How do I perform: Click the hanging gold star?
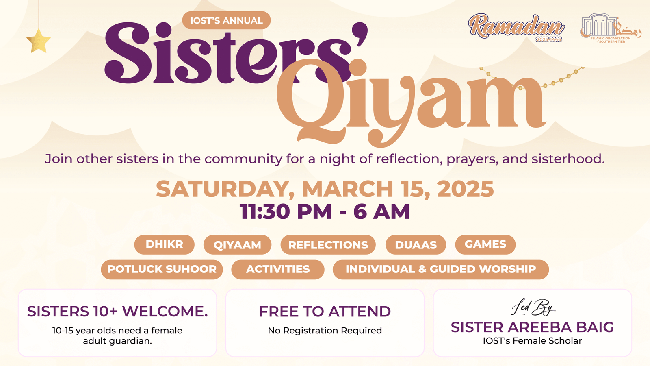(x=39, y=41)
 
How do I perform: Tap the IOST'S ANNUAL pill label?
(x=226, y=20)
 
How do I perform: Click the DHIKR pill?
(x=164, y=244)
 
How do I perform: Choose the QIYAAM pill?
(x=237, y=244)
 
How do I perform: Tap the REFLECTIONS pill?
(x=328, y=244)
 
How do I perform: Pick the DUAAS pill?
(x=416, y=244)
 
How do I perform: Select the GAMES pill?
(x=485, y=244)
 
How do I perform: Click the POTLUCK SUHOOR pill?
(x=162, y=269)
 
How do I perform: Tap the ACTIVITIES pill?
(x=278, y=269)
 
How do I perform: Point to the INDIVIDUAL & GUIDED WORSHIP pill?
(x=440, y=269)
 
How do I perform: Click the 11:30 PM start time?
(x=286, y=211)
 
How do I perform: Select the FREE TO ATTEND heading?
(x=325, y=312)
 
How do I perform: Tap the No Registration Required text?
(x=325, y=331)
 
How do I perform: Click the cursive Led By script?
(x=533, y=307)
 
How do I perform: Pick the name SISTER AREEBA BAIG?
(x=532, y=327)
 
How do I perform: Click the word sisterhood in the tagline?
(x=568, y=159)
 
